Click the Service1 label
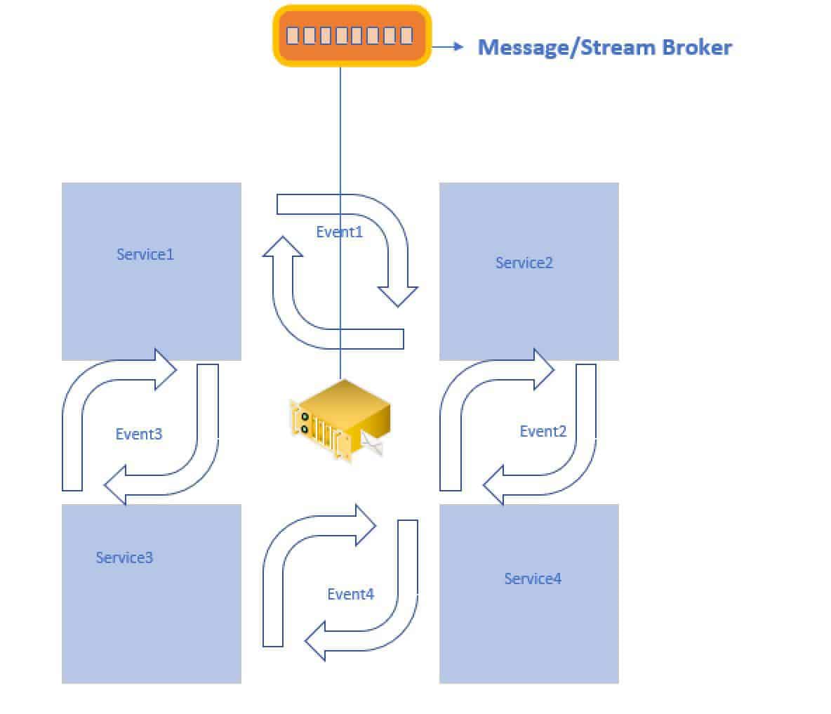coord(145,254)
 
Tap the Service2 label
coord(524,263)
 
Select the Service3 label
coord(124,557)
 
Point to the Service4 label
coord(533,579)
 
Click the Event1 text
coord(339,232)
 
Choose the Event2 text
coord(543,431)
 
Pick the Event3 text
coord(138,434)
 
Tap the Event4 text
coord(350,594)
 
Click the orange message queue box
coord(351,36)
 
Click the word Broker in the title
coord(688,47)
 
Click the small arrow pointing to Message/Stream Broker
coord(449,47)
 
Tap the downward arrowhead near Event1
coord(398,296)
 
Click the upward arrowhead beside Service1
coord(283,248)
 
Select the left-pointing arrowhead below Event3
coord(116,486)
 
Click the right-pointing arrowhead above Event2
coord(543,369)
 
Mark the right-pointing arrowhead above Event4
coord(366,524)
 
